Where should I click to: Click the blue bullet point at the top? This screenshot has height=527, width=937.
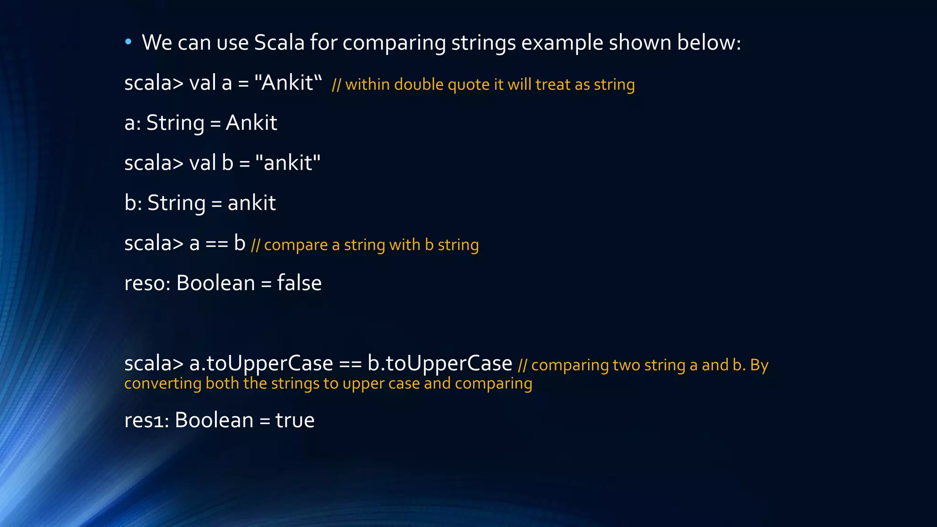point(128,42)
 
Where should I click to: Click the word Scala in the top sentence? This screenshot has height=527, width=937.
point(279,43)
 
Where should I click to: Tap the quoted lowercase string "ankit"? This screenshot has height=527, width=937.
point(288,163)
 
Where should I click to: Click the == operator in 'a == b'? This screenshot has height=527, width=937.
point(216,243)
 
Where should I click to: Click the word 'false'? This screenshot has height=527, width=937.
point(299,283)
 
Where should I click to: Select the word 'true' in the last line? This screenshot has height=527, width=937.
point(295,420)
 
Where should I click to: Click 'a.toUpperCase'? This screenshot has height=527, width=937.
point(261,364)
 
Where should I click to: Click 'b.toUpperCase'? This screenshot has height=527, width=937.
point(440,364)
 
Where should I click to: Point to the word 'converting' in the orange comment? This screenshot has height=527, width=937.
point(162,383)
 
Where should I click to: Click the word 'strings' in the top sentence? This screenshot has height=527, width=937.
point(483,43)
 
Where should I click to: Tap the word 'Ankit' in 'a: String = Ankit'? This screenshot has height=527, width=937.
point(251,123)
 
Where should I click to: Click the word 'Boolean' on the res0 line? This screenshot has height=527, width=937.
point(215,283)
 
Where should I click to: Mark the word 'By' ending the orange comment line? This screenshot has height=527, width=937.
point(759,365)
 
